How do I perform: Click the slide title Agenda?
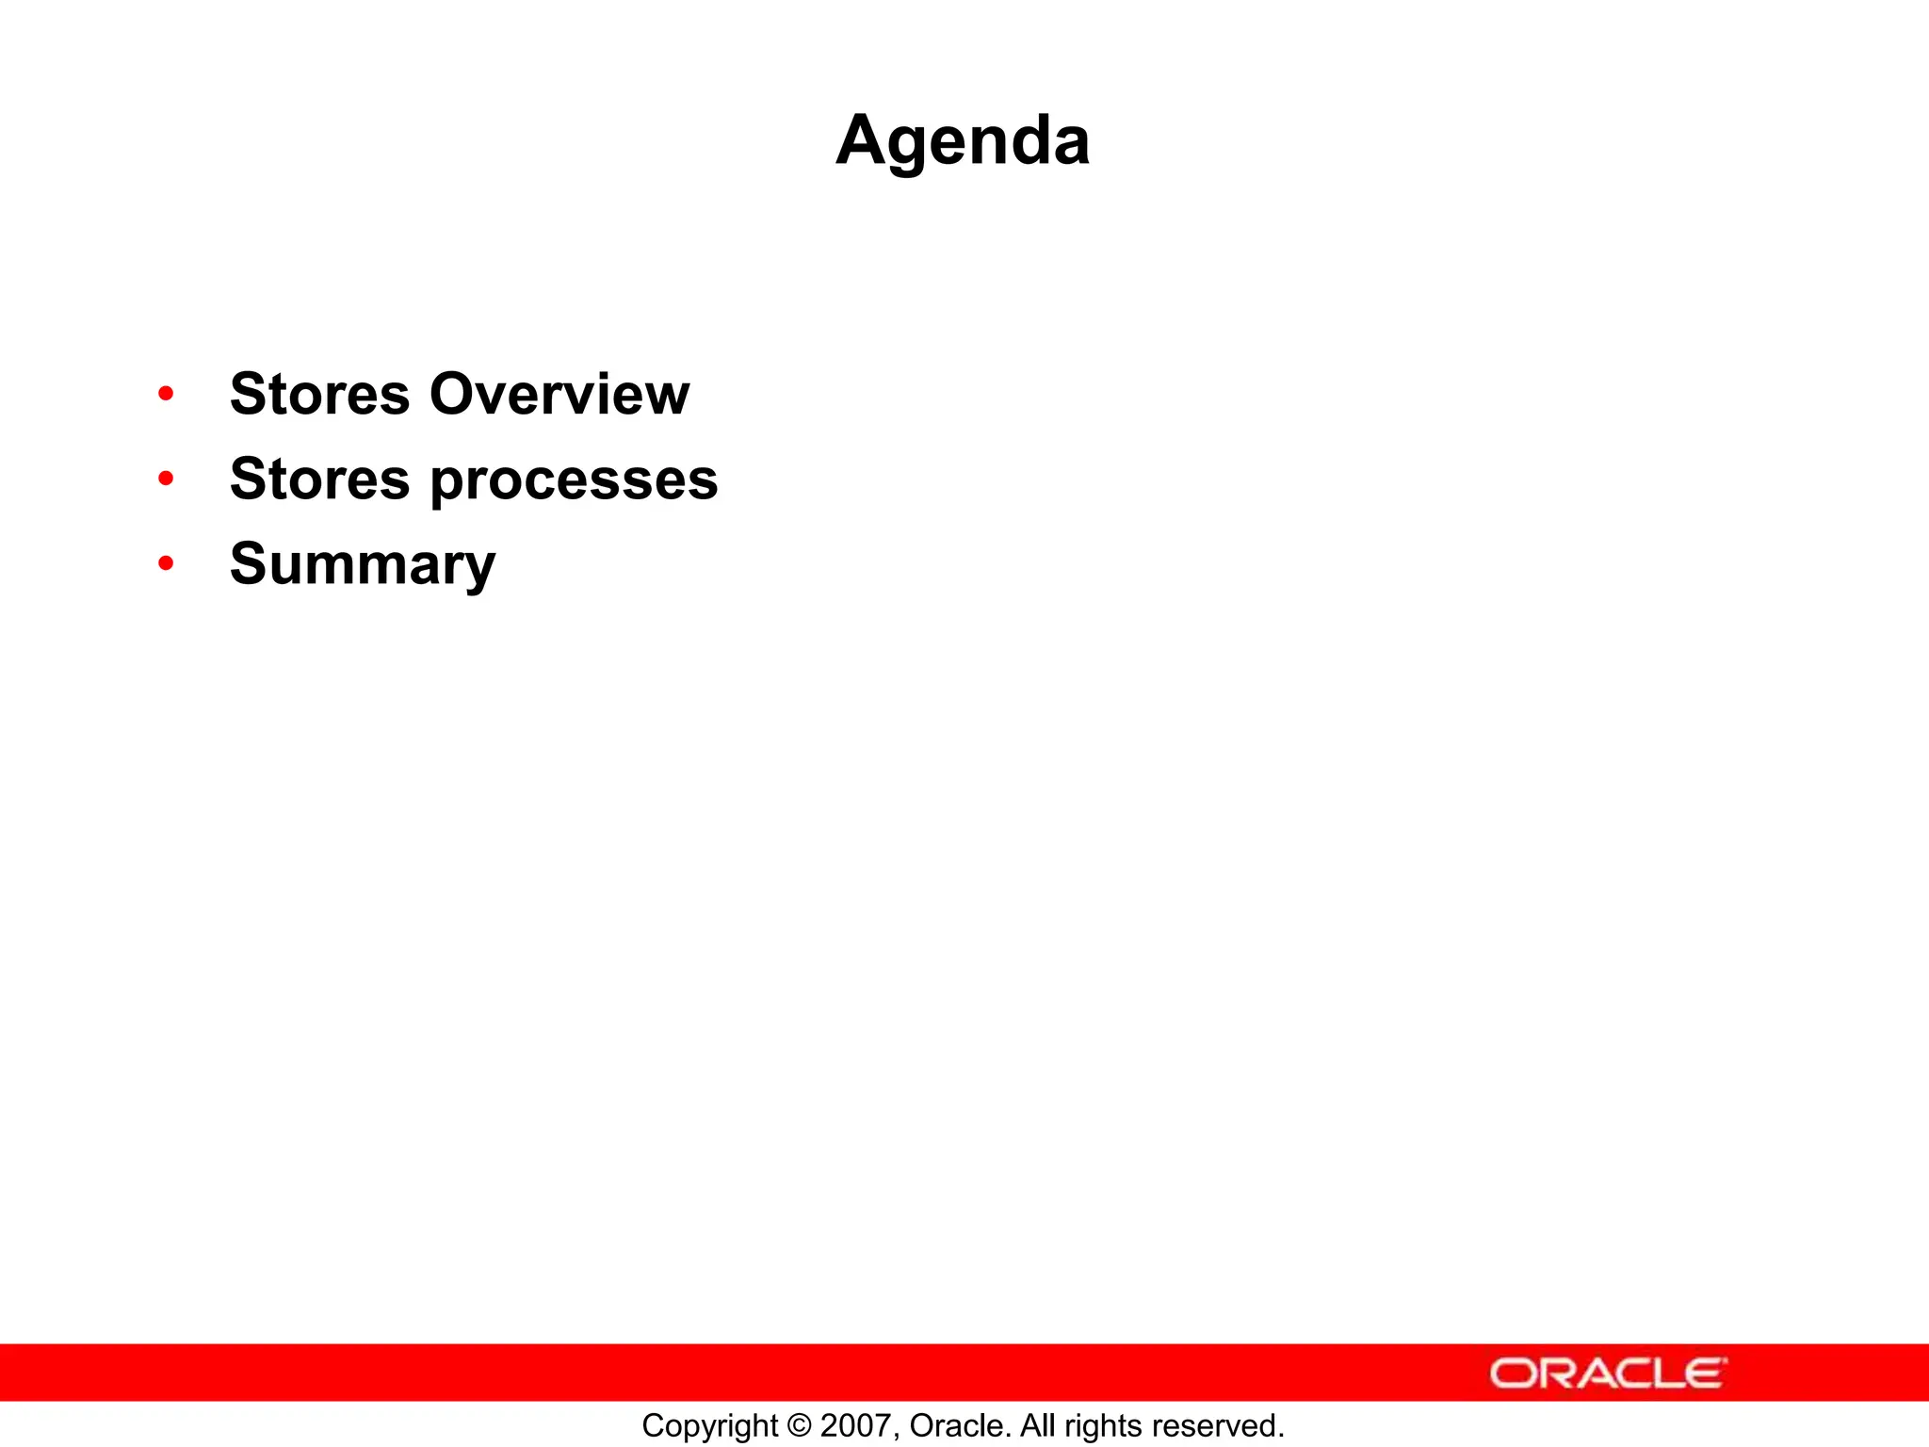coord(963,141)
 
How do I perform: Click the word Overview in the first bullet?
coord(559,394)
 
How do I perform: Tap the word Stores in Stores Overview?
coord(320,394)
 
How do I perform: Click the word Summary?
coord(363,565)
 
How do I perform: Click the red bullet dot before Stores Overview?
coord(167,394)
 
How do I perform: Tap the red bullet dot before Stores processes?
coord(167,479)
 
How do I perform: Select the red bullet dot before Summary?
coord(167,563)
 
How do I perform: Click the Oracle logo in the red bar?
coord(1608,1374)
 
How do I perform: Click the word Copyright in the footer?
coord(709,1426)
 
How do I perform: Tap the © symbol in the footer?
coord(799,1426)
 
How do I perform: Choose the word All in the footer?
coord(1038,1426)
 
